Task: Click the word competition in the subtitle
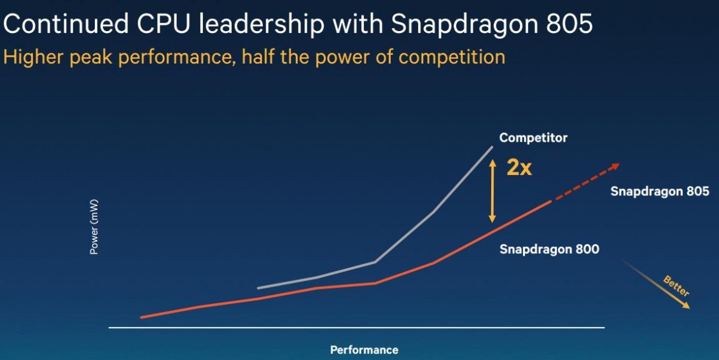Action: point(452,57)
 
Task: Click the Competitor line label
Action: point(533,137)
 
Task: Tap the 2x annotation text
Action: point(519,167)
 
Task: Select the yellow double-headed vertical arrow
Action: point(492,190)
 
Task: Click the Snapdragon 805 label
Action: point(659,191)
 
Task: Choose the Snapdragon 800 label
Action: point(549,249)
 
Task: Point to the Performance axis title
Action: point(364,350)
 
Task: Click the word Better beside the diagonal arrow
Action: point(676,286)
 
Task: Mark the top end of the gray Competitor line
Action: point(492,147)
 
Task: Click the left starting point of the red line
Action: point(141,317)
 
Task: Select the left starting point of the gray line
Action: point(258,288)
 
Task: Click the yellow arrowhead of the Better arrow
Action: point(686,305)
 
